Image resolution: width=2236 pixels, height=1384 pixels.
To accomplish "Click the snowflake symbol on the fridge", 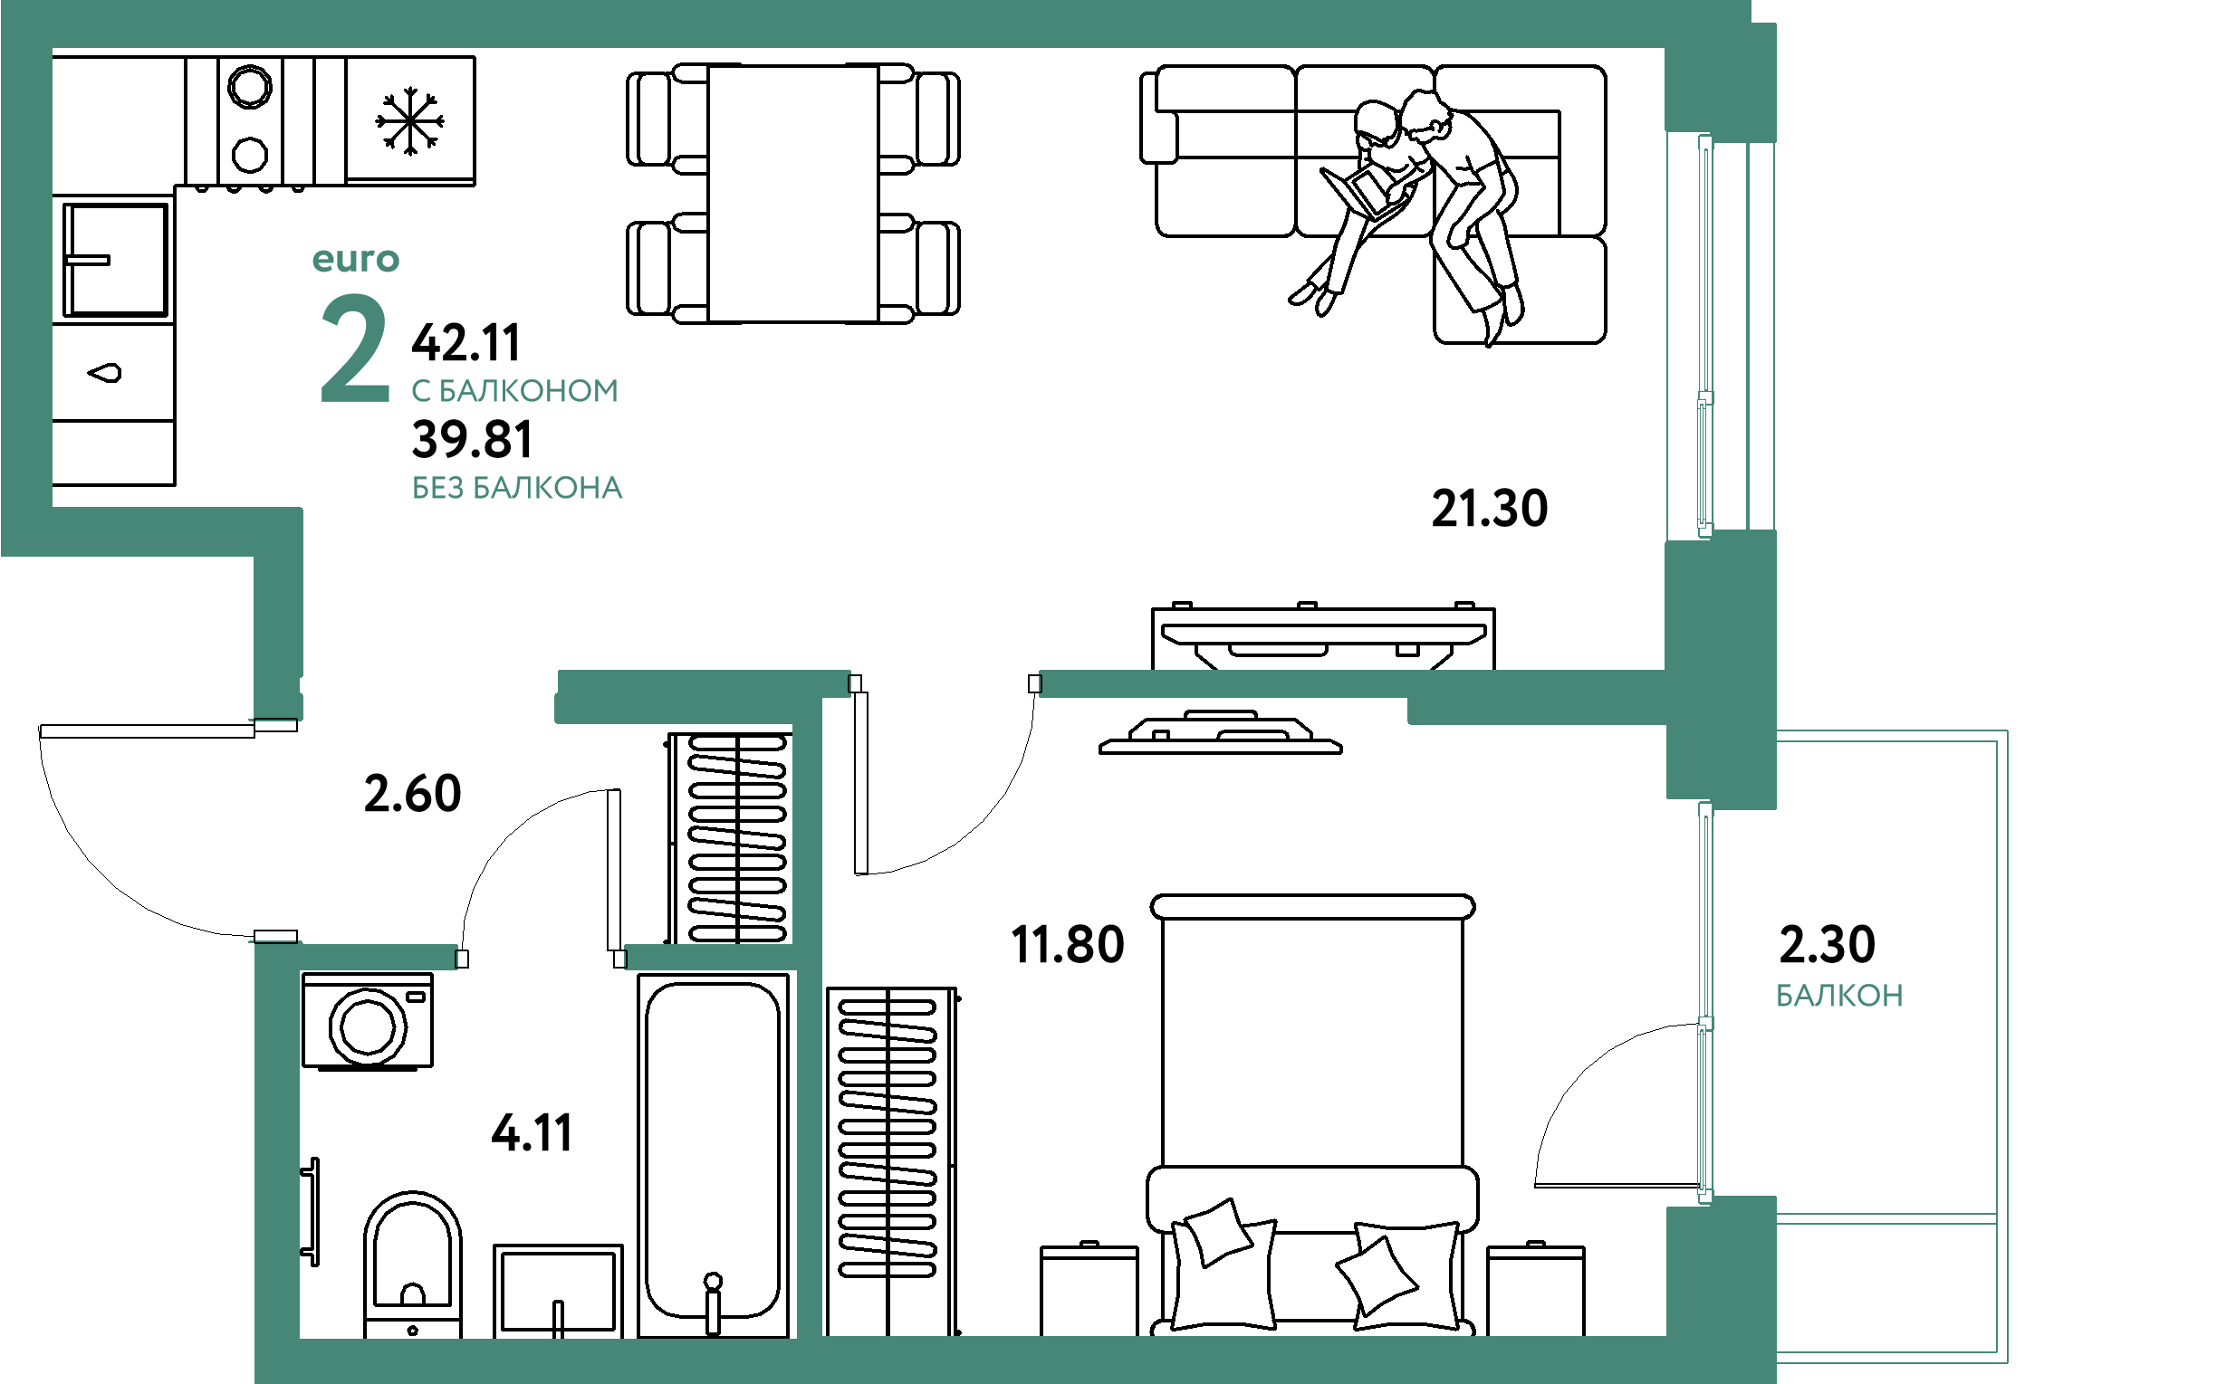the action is pos(410,120).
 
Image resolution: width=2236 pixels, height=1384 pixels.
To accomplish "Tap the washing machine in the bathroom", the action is pos(367,1021).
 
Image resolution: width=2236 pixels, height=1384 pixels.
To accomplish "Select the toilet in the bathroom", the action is pos(412,1265).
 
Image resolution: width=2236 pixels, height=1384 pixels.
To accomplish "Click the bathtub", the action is pos(714,1155).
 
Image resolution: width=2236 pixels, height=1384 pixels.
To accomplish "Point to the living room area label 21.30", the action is pos(1490,508).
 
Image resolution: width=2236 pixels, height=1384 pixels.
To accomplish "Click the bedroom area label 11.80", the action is pos(1068,945).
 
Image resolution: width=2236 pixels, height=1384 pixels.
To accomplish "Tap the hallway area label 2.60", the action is pos(413,793).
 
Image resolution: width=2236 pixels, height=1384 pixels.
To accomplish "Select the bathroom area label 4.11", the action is pos(532,1132).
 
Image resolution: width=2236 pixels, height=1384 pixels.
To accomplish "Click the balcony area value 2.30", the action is pos(1827,944).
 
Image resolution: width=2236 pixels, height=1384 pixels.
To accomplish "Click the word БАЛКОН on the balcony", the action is pos(1839,995).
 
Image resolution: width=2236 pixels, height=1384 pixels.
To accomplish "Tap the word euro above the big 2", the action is pos(356,260).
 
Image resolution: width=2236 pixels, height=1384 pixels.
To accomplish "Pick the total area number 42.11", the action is pos(466,342).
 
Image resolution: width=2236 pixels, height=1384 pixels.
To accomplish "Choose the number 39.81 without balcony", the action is pos(473,439).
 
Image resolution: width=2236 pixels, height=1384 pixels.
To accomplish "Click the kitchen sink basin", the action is pos(115,260).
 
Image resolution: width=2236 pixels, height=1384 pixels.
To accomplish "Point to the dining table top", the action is pos(793,193).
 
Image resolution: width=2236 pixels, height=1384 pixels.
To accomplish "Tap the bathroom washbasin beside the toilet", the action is pos(558,1291).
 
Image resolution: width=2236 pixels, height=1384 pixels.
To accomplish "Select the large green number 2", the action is pos(355,348).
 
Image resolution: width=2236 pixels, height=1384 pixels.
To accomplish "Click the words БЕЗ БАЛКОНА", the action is pos(517,488).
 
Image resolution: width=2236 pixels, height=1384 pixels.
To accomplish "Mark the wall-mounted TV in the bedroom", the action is pos(1221,732).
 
